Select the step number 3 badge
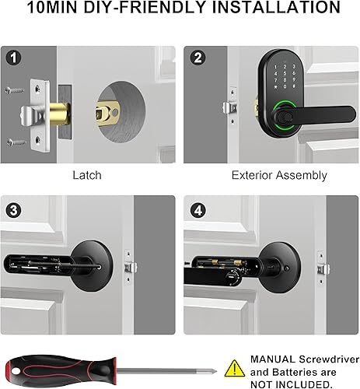[15, 210]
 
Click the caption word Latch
[86, 175]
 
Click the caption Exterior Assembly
[268, 175]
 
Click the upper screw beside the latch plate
[15, 89]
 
